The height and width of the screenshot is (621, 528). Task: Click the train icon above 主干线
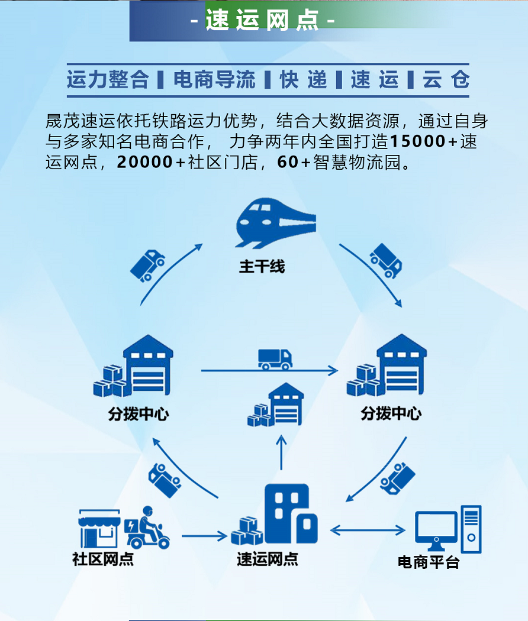click(x=275, y=224)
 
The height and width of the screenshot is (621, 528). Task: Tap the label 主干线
click(x=262, y=267)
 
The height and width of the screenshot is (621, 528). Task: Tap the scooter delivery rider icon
click(x=147, y=528)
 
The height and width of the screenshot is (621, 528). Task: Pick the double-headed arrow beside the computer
click(x=367, y=529)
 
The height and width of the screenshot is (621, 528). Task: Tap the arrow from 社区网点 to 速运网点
click(x=204, y=536)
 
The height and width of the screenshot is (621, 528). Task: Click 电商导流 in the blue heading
click(x=214, y=80)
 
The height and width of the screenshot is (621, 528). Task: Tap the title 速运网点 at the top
click(x=263, y=21)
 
